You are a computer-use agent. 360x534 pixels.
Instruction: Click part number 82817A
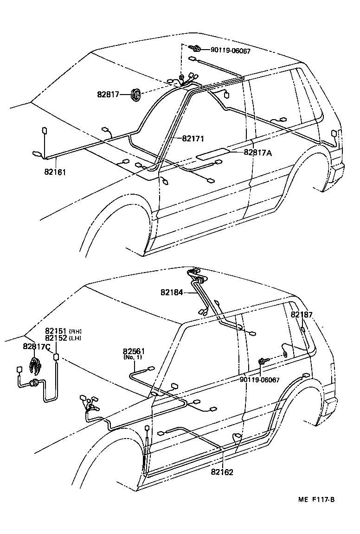pyautogui.click(x=258, y=152)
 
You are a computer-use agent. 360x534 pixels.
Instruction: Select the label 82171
pyautogui.click(x=193, y=138)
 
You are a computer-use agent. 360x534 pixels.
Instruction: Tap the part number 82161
pyautogui.click(x=55, y=172)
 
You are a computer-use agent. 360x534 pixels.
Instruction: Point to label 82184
pyautogui.click(x=173, y=292)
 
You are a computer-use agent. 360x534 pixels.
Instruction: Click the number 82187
pyautogui.click(x=302, y=315)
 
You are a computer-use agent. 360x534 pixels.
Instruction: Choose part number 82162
pyautogui.click(x=222, y=472)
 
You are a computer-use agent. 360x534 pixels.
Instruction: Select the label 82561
pyautogui.click(x=134, y=352)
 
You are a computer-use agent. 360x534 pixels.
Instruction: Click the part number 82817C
pyautogui.click(x=37, y=346)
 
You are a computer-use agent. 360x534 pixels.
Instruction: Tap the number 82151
pyautogui.click(x=56, y=331)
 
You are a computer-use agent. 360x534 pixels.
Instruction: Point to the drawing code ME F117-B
pyautogui.click(x=316, y=499)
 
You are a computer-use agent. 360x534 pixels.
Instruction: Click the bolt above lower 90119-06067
pyautogui.click(x=262, y=361)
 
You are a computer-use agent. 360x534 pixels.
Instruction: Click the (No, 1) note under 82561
pyautogui.click(x=133, y=358)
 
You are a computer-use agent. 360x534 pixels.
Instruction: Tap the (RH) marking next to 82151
pyautogui.click(x=76, y=331)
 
